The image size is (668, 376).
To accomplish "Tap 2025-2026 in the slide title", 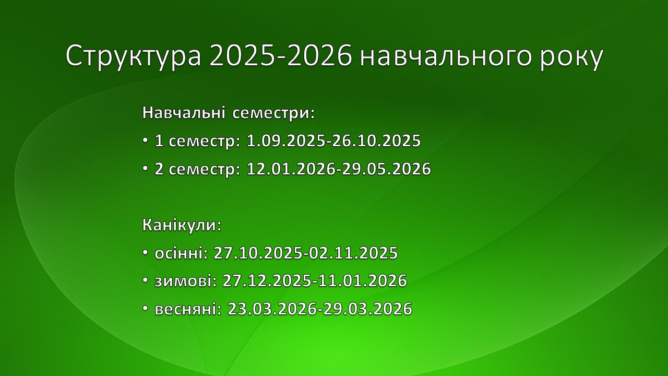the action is tap(281, 56).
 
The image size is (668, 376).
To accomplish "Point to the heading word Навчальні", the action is tap(183, 113).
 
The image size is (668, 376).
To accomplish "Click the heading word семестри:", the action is tap(273, 114).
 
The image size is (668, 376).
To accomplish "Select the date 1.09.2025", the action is tap(285, 140).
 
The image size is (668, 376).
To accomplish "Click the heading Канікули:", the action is tap(182, 225).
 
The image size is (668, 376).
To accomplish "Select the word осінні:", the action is tap(181, 253).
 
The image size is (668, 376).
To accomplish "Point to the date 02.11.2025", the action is tap(353, 253).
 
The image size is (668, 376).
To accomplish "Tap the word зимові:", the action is tap(185, 281).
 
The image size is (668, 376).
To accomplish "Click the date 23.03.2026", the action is tap(272, 309).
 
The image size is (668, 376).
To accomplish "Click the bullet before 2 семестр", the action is tap(145, 169).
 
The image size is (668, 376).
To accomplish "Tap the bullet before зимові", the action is tap(145, 280).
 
